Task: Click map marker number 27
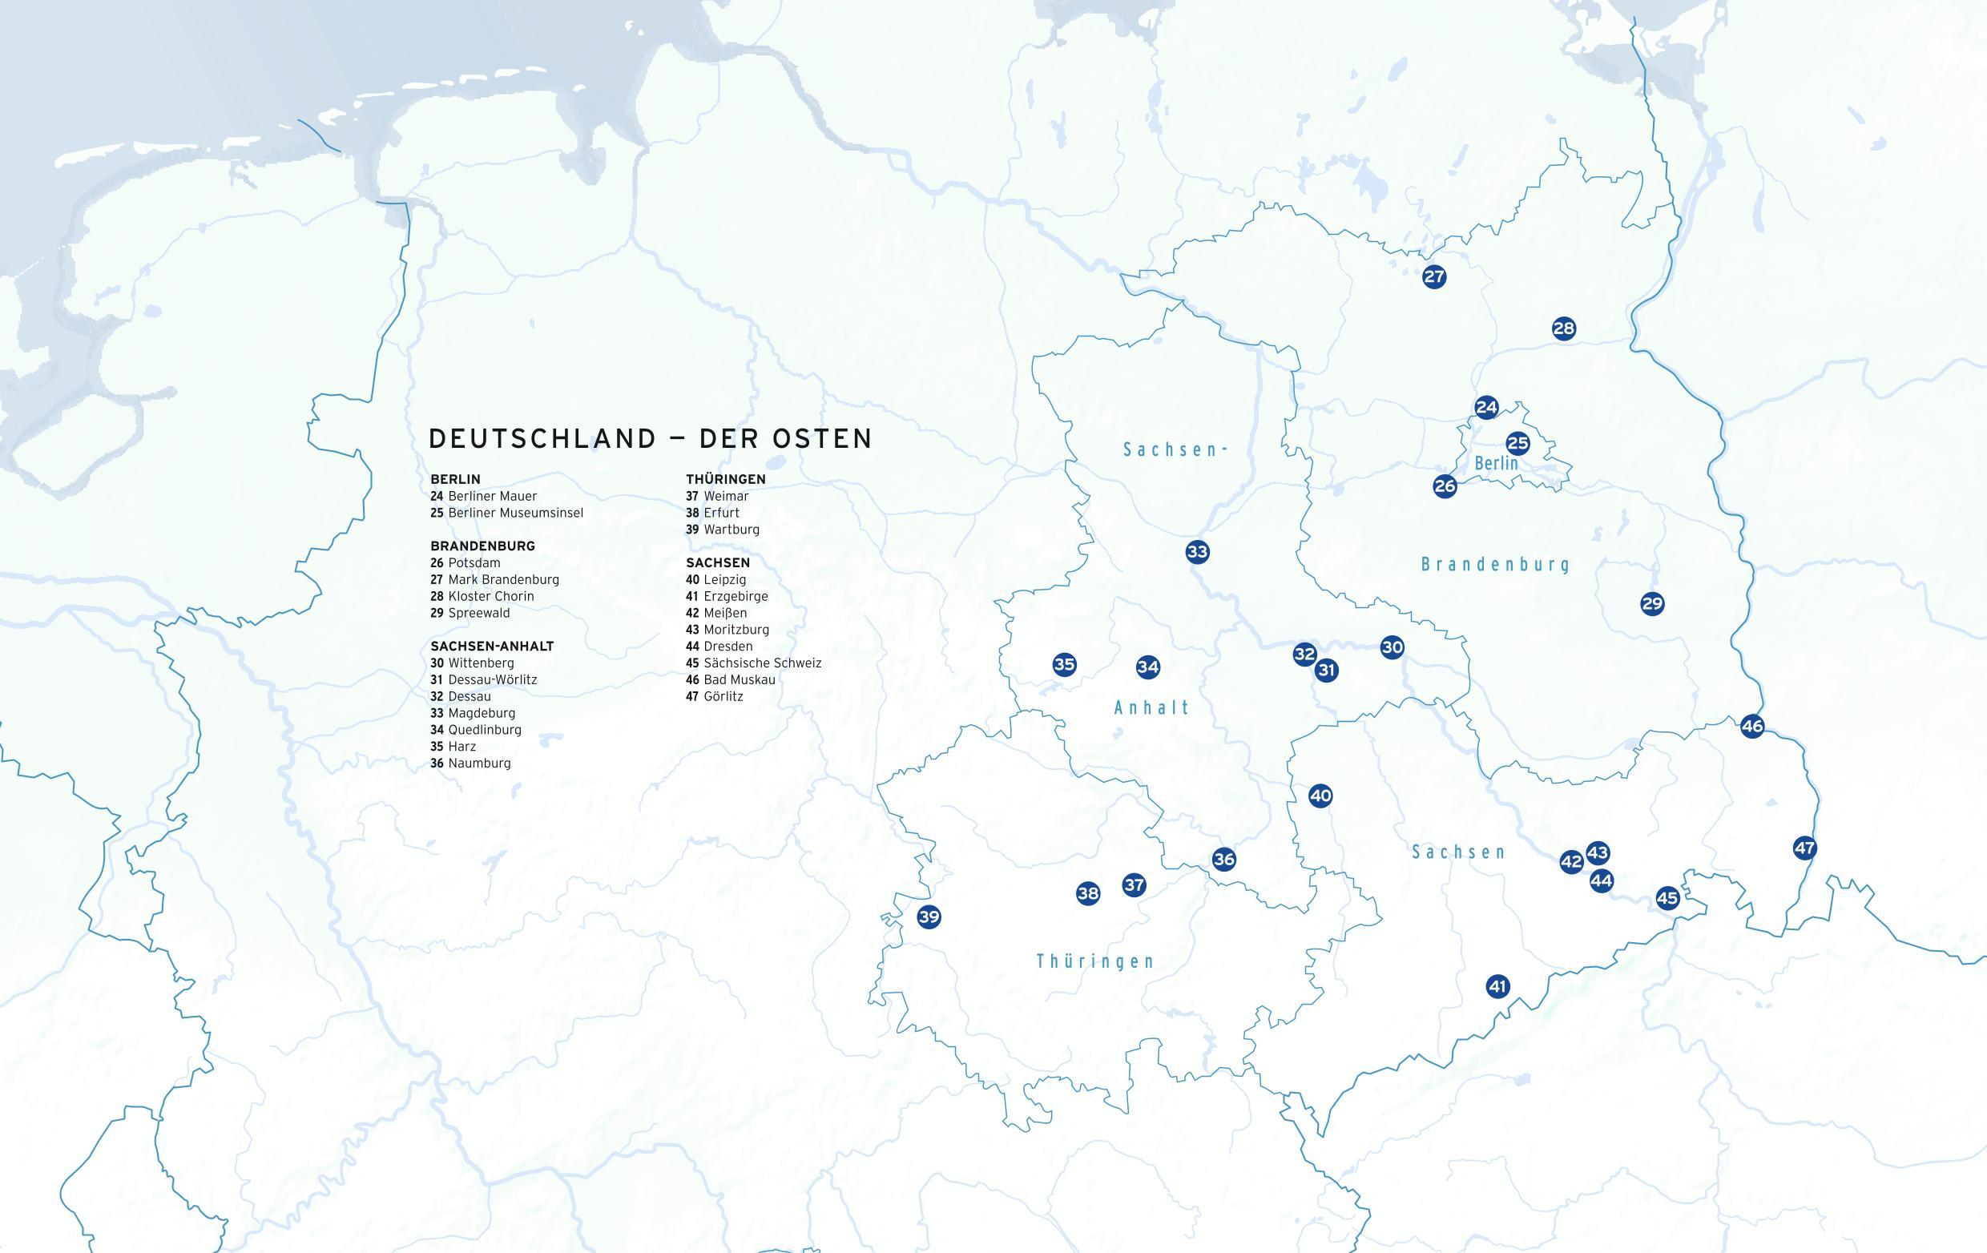[x=1434, y=276]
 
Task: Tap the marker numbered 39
[x=929, y=917]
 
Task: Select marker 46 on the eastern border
[x=1751, y=726]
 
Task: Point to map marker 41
[x=1497, y=985]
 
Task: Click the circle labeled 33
[x=1197, y=551]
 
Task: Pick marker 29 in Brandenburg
[x=1652, y=603]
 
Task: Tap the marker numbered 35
[x=1065, y=664]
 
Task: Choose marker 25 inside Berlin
[x=1517, y=444]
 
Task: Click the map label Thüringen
[x=1095, y=961]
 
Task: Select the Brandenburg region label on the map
[x=1495, y=564]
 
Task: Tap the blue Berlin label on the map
[x=1496, y=464]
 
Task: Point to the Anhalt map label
[x=1152, y=707]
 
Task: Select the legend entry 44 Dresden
[x=719, y=646]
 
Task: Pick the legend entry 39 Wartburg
[x=722, y=530]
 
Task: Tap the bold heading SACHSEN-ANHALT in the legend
[x=492, y=646]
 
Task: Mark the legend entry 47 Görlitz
[x=714, y=696]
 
